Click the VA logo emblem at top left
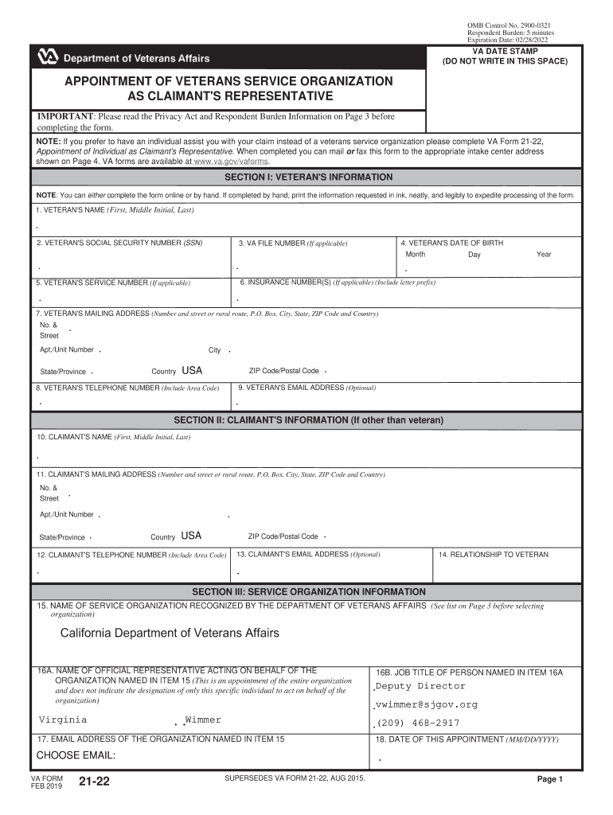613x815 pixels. (48, 58)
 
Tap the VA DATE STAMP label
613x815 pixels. (506, 51)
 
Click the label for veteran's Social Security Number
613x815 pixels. (118, 243)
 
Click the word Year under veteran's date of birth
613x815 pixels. (544, 255)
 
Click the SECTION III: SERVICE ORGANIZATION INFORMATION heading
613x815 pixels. (308, 592)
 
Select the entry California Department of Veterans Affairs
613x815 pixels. (170, 633)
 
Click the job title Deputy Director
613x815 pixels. (420, 686)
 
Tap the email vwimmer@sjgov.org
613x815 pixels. (426, 704)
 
